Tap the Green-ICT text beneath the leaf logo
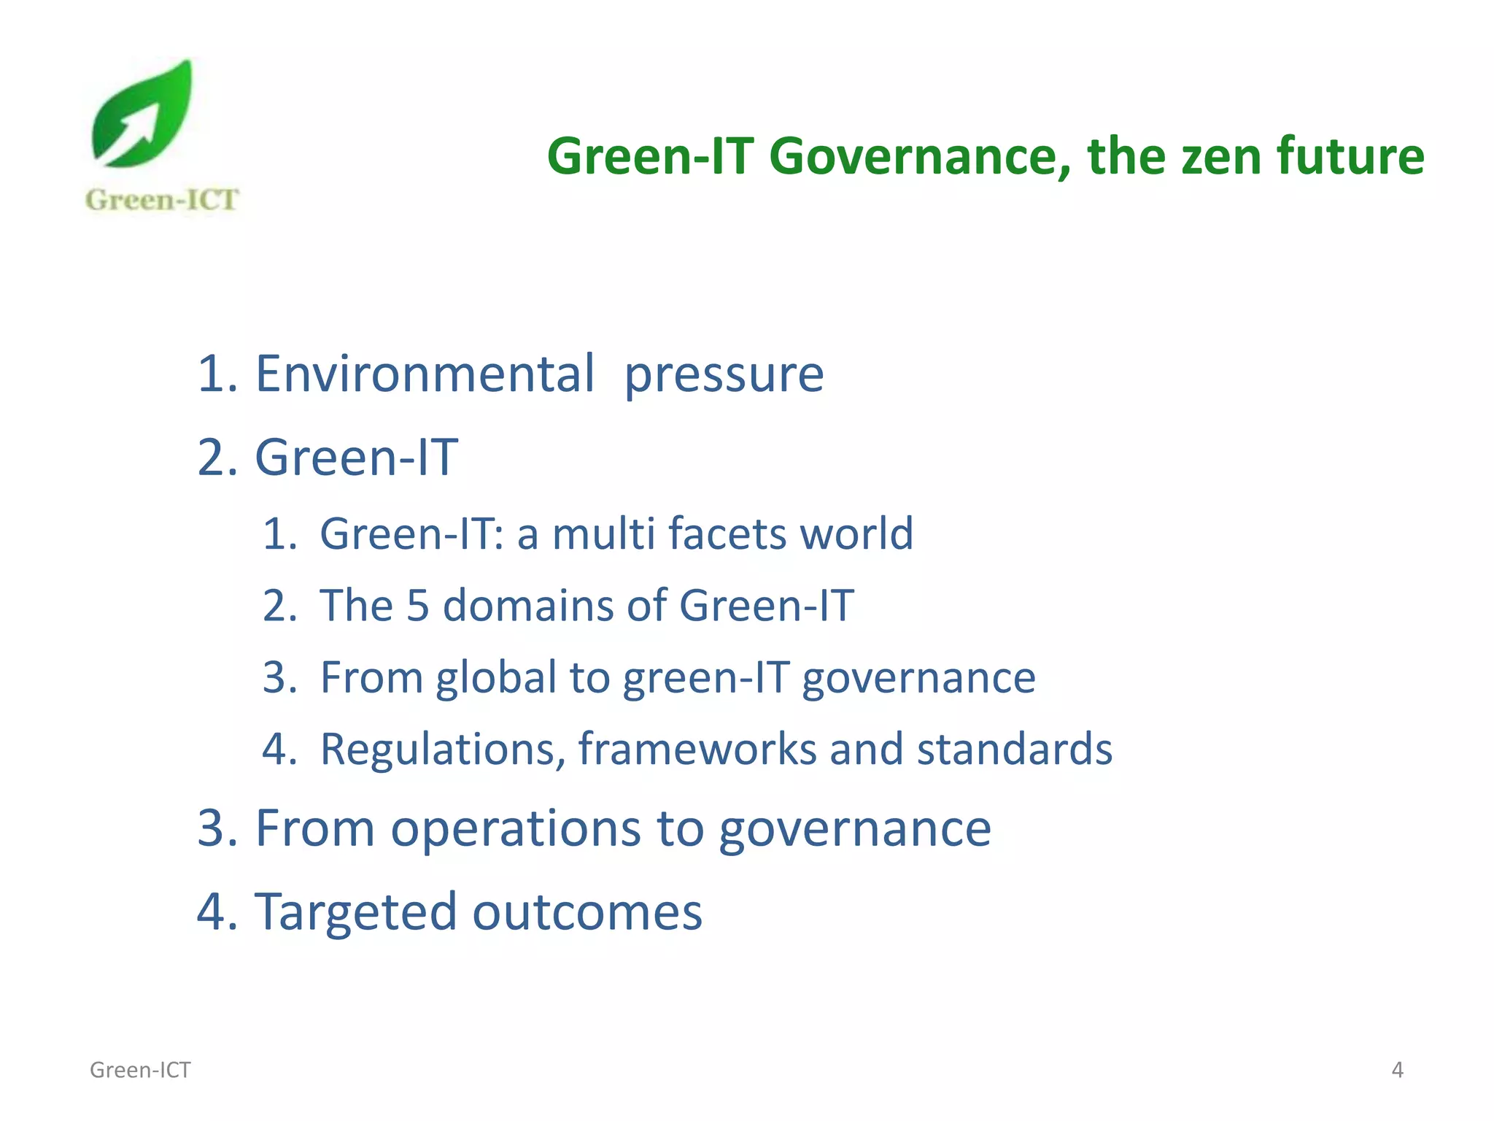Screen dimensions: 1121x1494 (162, 200)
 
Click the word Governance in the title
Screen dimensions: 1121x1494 (919, 157)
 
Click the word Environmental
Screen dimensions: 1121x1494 (425, 374)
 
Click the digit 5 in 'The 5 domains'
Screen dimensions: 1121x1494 (417, 605)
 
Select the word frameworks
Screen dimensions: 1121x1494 (697, 749)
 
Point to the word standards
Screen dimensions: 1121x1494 (1014, 749)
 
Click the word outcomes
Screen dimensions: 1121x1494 (587, 912)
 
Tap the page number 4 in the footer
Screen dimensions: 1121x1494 (1397, 1070)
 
